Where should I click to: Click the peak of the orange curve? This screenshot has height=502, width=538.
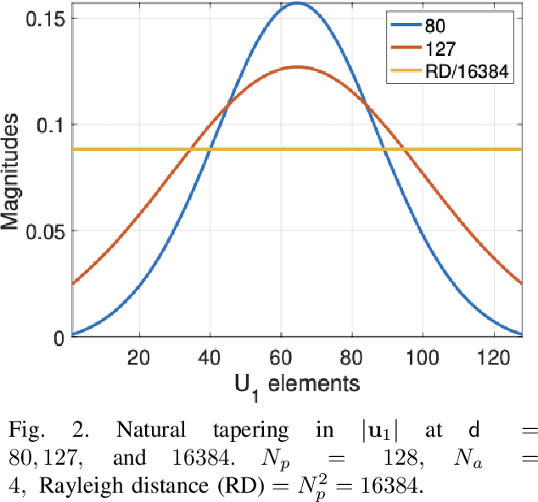coord(298,67)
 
